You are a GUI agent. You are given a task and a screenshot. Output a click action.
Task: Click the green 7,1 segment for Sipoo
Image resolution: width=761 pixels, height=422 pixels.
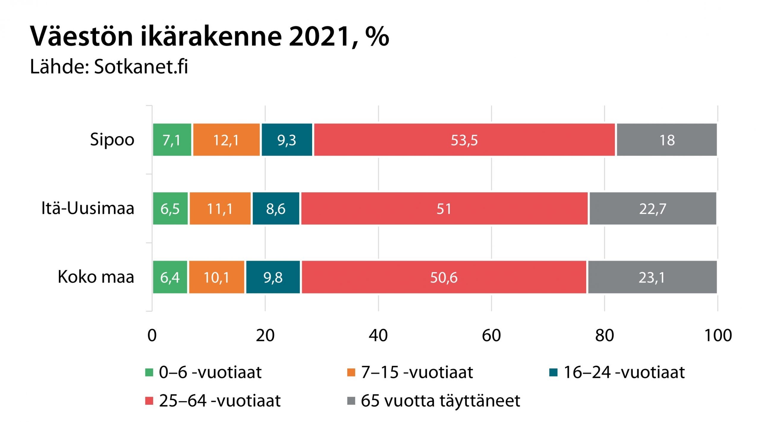tap(172, 140)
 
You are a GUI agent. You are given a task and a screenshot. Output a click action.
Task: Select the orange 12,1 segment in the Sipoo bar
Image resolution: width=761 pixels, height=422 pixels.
tap(226, 140)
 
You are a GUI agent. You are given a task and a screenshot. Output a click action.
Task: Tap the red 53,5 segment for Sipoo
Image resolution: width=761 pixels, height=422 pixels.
tap(464, 140)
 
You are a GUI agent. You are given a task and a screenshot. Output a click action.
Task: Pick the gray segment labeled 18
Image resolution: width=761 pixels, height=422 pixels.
tap(667, 140)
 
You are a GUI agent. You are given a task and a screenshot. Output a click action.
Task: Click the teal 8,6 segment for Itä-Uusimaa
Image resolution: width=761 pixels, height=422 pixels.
tap(276, 209)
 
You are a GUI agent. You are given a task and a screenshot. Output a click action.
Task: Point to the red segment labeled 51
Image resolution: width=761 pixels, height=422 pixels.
tap(444, 209)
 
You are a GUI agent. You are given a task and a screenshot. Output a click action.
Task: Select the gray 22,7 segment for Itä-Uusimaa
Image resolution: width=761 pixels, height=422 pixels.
tap(653, 209)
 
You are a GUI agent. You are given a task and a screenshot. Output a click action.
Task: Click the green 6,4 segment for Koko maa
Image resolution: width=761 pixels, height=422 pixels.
tap(170, 277)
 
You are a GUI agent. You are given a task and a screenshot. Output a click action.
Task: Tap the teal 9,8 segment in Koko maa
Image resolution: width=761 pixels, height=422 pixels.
tap(273, 277)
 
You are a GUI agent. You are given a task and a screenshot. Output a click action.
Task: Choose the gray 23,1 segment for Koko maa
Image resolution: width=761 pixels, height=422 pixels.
tap(652, 277)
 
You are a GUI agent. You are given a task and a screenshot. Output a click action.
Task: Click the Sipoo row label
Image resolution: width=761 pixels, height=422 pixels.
tap(112, 139)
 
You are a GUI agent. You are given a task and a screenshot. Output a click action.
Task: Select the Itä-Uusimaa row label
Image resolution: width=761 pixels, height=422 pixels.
tap(88, 208)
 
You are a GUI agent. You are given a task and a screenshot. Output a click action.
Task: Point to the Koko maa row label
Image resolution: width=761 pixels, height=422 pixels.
tap(96, 277)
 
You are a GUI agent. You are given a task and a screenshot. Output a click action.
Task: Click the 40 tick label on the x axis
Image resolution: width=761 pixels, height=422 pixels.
tap(378, 336)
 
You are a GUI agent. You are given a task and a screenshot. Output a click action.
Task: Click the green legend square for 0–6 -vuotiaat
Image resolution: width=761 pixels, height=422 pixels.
tap(149, 372)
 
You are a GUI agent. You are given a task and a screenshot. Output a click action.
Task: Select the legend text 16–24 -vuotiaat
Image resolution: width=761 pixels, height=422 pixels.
tap(624, 372)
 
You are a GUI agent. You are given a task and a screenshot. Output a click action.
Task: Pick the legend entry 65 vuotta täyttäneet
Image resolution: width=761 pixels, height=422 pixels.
tap(440, 401)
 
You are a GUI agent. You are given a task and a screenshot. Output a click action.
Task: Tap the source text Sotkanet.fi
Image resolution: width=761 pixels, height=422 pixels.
tap(141, 67)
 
